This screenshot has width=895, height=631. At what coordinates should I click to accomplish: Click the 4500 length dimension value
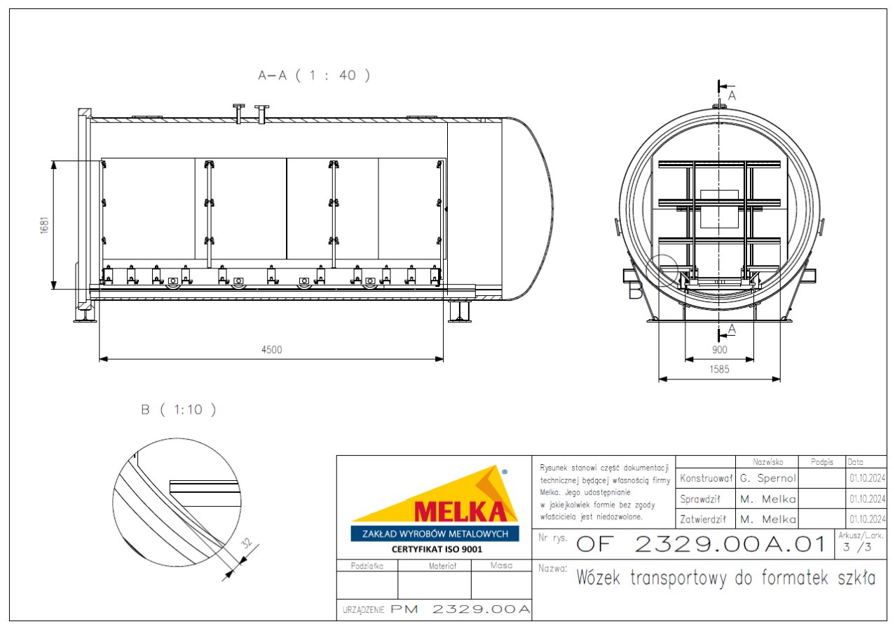[272, 350]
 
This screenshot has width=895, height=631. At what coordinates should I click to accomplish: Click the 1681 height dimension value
[44, 225]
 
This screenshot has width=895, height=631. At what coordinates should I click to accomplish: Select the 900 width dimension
[719, 350]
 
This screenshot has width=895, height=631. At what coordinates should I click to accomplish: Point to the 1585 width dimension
[719, 369]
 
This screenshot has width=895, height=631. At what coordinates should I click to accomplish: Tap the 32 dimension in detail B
[247, 543]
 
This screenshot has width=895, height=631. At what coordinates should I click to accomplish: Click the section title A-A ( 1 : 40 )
[314, 75]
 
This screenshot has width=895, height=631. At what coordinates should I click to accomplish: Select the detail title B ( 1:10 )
[179, 409]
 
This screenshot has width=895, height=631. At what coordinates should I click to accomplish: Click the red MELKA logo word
[460, 512]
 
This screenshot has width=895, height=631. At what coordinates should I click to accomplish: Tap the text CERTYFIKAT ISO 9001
[437, 549]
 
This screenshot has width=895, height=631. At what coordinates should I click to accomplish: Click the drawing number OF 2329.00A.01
[700, 544]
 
